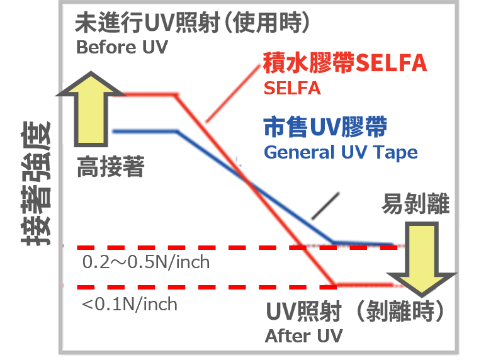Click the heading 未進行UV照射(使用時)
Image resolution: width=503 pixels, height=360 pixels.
193,24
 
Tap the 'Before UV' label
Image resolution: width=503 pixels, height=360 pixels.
122,48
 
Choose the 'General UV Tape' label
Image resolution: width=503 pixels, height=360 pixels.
341,152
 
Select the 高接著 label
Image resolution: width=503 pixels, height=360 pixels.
111,168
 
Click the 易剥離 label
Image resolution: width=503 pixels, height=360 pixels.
415,205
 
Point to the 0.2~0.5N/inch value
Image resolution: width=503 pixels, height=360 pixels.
146,262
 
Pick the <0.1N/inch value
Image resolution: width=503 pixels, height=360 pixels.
130,305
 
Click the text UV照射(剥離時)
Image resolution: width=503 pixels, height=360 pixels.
356,312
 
